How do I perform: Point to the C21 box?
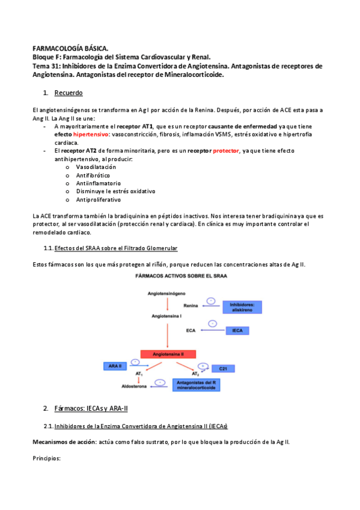222,367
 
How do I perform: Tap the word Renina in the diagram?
191,306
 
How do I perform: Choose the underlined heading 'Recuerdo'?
69,93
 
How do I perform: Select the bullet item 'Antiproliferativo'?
98,199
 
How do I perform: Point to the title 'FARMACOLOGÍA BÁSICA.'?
70,48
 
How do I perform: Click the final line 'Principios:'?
47,458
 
